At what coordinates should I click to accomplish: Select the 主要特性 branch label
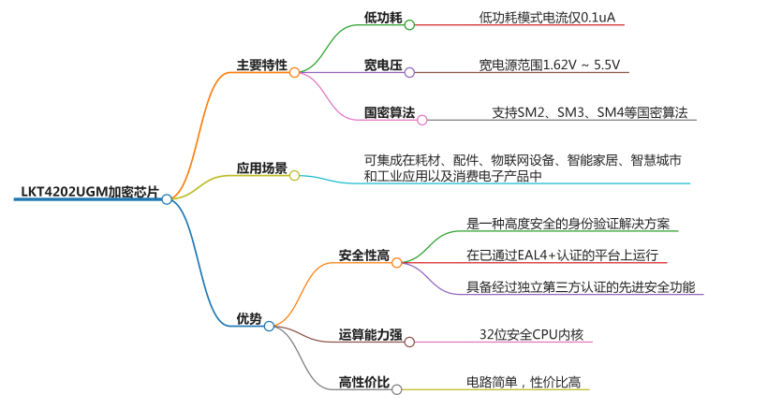click(261, 66)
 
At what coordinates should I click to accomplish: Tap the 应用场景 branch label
click(261, 168)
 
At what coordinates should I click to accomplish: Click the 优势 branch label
click(249, 319)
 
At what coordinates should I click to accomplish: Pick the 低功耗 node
click(382, 18)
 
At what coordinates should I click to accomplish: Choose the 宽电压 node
click(382, 66)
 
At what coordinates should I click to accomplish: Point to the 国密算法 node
click(389, 113)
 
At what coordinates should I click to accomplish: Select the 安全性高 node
click(363, 256)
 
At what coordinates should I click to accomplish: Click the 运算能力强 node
click(370, 335)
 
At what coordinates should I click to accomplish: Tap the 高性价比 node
click(363, 382)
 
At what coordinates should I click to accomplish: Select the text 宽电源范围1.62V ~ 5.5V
click(549, 66)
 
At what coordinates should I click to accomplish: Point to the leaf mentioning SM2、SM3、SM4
click(589, 113)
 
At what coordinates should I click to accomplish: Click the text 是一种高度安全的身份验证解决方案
click(571, 224)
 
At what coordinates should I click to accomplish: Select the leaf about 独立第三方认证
click(581, 286)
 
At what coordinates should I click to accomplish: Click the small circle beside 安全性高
click(396, 263)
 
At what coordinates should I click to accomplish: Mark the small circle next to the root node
click(167, 198)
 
